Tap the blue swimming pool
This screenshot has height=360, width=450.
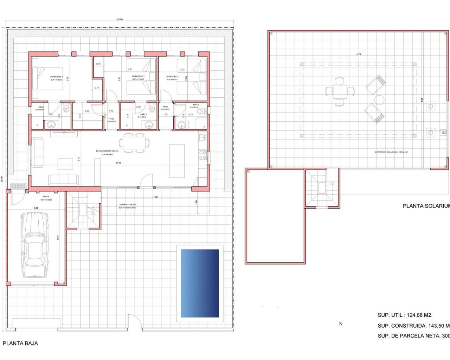pos(200,283)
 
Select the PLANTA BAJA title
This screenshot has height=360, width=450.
pos(20,343)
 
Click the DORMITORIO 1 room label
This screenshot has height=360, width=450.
pos(56,77)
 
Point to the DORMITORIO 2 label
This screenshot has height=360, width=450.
pos(138,76)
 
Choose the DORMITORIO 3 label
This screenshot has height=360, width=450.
pos(172,76)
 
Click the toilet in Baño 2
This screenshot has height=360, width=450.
pos(152,108)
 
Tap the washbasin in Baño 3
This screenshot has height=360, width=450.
pos(181,124)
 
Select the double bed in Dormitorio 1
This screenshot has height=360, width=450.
pos(47,79)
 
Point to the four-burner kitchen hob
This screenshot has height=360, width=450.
pos(202,155)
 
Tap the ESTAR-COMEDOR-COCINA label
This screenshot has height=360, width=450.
pos(107,151)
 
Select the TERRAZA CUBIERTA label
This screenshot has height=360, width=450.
pos(127,205)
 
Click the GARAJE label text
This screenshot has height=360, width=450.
pos(46,197)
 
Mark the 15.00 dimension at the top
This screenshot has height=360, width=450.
pos(120,20)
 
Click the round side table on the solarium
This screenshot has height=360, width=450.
pos(379,100)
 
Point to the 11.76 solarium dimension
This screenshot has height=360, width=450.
pos(358,54)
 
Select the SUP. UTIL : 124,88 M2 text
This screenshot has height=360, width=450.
pos(405,315)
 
